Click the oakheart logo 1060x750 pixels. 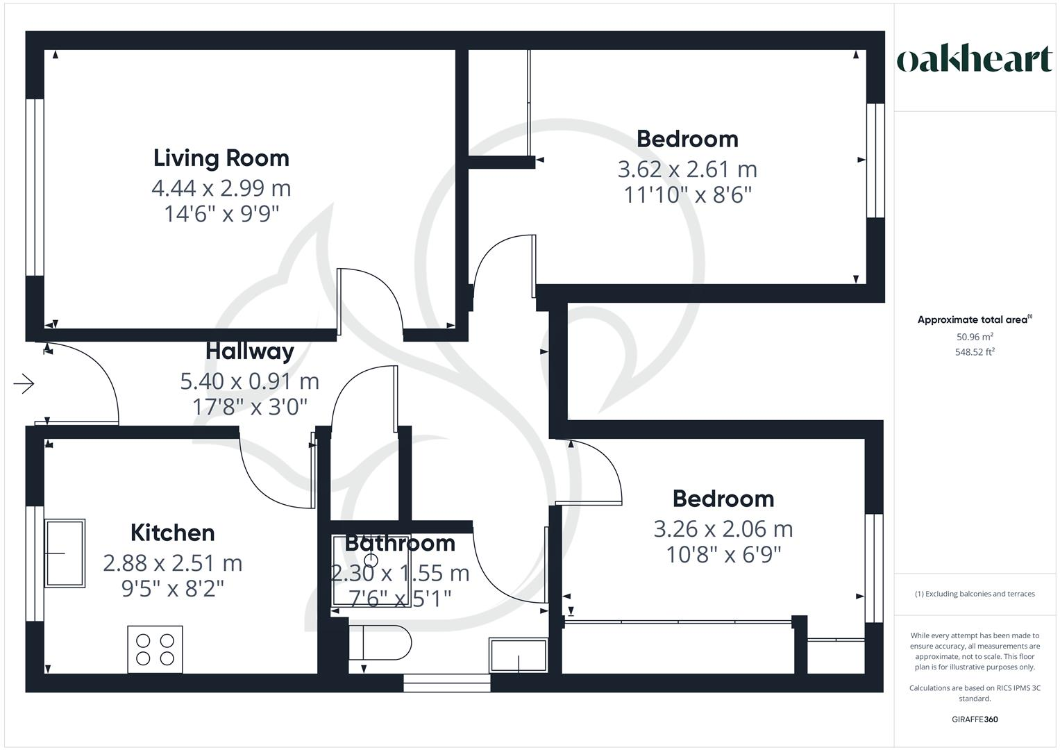click(x=975, y=60)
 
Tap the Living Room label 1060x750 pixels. click(x=221, y=158)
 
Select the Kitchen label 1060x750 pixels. click(x=173, y=533)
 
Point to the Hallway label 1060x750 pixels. click(x=250, y=351)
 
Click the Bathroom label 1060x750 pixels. click(x=400, y=543)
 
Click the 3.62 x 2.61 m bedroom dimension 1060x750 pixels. click(x=687, y=169)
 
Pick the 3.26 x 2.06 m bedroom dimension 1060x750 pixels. click(x=723, y=529)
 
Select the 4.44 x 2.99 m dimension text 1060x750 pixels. click(x=221, y=188)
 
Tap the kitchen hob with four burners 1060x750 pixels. click(x=155, y=649)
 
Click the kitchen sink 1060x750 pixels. click(x=65, y=553)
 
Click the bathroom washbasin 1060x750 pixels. click(x=518, y=655)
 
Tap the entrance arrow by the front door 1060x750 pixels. click(x=24, y=383)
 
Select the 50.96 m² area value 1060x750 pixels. click(x=975, y=337)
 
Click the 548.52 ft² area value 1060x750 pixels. click(x=975, y=352)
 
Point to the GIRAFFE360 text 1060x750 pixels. click(x=975, y=719)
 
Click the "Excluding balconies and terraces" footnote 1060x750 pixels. click(x=975, y=594)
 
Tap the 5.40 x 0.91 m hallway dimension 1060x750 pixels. click(x=250, y=381)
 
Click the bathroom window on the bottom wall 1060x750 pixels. click(x=447, y=683)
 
